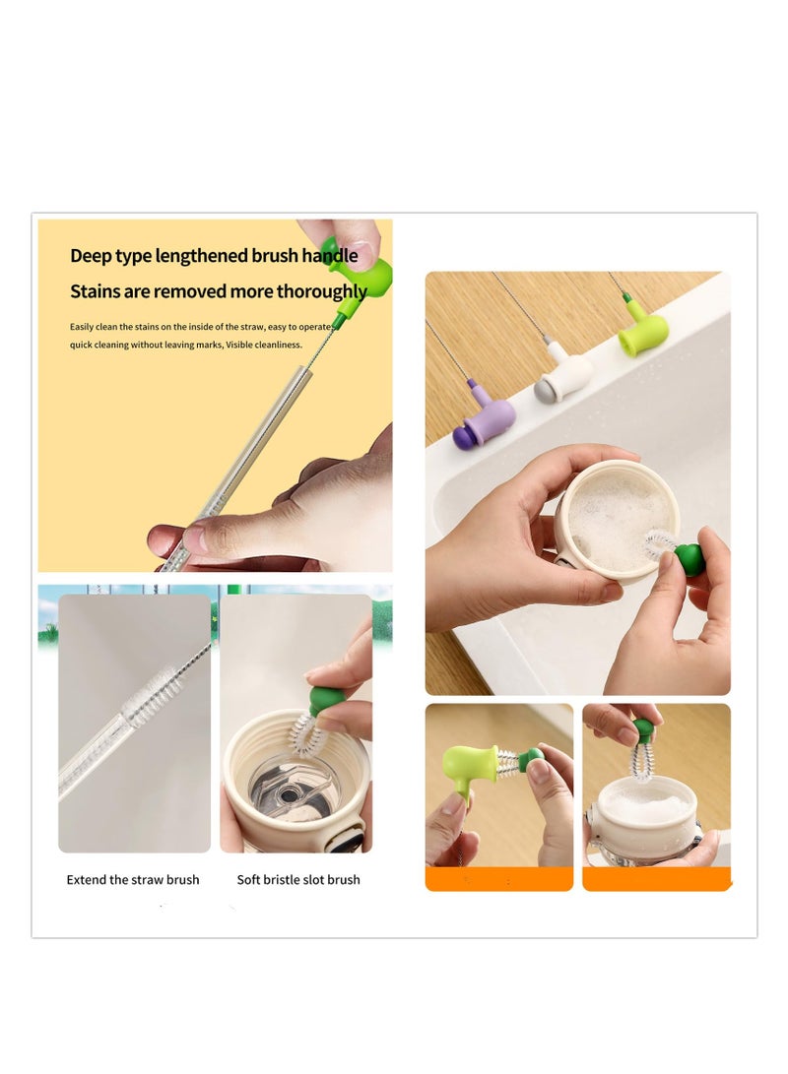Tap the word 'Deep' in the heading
tap(90, 256)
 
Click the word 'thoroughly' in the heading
tap(321, 291)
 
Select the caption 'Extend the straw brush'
tap(133, 879)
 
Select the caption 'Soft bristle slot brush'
tap(298, 879)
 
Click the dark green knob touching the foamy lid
tap(689, 559)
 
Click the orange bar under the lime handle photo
tap(498, 879)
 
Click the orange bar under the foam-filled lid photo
tap(656, 879)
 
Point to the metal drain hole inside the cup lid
tap(294, 789)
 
